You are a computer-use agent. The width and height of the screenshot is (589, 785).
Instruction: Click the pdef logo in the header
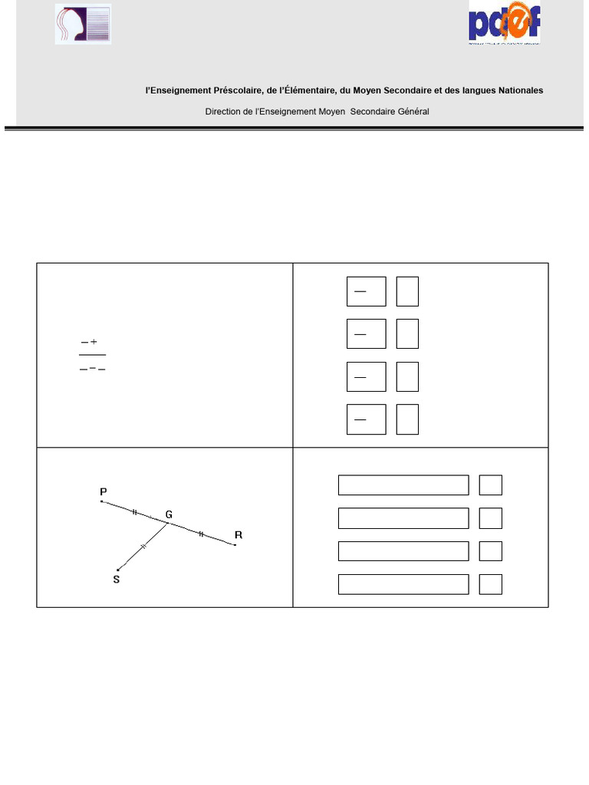(x=505, y=22)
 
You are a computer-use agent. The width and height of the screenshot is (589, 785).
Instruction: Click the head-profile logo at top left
(x=83, y=24)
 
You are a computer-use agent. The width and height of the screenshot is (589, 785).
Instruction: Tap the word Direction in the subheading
(x=223, y=111)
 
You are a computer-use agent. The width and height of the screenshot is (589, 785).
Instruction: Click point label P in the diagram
(x=103, y=491)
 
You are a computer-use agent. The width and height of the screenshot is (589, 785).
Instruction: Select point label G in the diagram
(x=169, y=514)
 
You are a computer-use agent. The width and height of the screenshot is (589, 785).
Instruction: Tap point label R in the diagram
(x=238, y=534)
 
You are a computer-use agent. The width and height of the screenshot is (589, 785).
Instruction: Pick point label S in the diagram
(x=117, y=580)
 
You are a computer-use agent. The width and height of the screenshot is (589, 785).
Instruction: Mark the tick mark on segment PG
(x=136, y=511)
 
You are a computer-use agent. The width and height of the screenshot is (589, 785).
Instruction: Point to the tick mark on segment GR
(x=201, y=534)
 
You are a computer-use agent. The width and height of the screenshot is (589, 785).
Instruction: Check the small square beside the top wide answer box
(x=491, y=485)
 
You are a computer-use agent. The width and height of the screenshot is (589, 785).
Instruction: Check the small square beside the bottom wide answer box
(x=491, y=584)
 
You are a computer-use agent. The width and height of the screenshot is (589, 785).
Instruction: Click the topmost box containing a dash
(x=366, y=291)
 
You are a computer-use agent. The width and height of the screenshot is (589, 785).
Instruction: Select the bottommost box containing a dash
(x=366, y=420)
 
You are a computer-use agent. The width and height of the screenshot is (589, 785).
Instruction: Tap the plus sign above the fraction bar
(x=94, y=342)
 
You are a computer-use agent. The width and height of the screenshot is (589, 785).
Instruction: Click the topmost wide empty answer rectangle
(x=403, y=485)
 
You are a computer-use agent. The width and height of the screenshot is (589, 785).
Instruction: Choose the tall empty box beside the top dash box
(x=407, y=291)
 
